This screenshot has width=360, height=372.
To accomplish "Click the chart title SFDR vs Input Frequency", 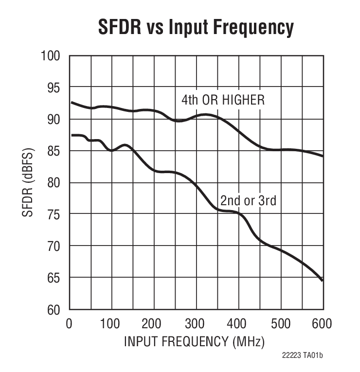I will tap(196, 28).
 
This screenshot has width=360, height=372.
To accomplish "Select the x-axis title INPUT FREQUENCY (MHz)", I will tap(195, 341).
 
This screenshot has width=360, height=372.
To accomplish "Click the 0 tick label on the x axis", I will tap(70, 323).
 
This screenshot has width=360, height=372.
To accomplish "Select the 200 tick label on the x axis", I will tap(154, 323).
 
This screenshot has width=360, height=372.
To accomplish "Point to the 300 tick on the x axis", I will tap(197, 323).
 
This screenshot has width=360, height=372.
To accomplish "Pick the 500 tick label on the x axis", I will tap(281, 323).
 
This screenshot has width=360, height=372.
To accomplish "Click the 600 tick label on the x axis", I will tap(323, 323).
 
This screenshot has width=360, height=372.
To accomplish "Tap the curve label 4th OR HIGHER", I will tap(223, 100).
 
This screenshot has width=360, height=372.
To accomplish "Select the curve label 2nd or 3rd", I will tap(248, 200).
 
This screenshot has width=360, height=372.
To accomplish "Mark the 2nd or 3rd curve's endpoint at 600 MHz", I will tap(322, 281).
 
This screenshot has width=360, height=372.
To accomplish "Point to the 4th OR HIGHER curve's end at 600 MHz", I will tap(322, 156).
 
